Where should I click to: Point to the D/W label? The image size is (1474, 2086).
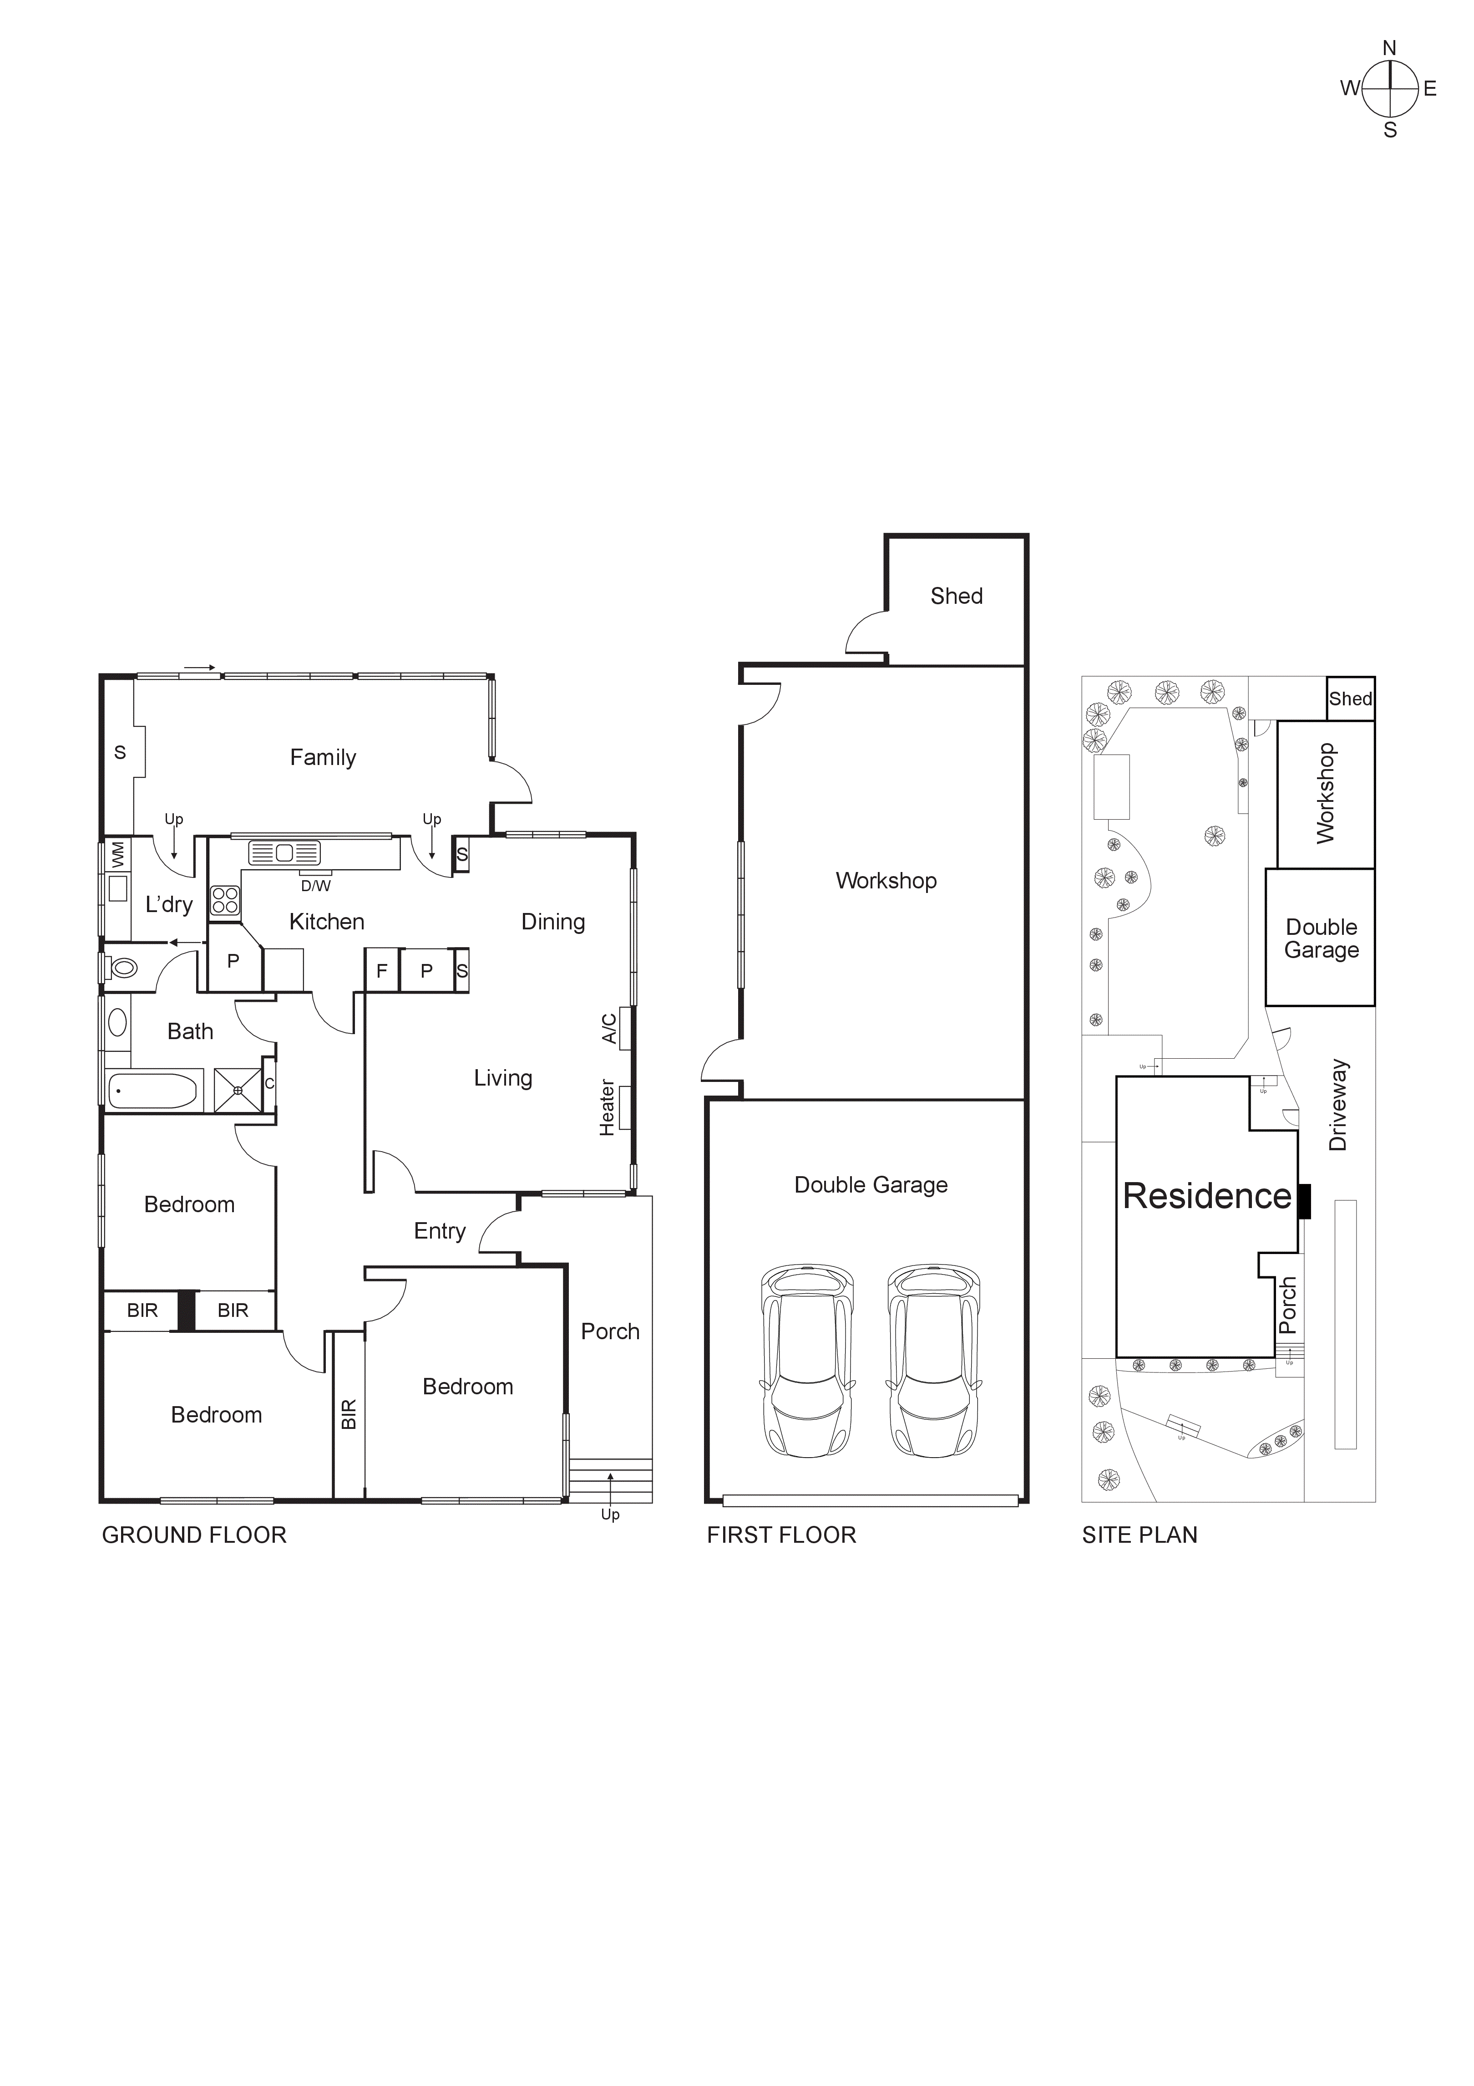(316, 886)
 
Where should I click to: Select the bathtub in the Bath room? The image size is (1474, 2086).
(152, 1091)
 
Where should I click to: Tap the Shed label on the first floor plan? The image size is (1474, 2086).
(956, 596)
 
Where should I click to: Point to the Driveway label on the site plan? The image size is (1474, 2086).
(1338, 1105)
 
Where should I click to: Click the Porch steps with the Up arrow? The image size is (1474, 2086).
(610, 1480)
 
